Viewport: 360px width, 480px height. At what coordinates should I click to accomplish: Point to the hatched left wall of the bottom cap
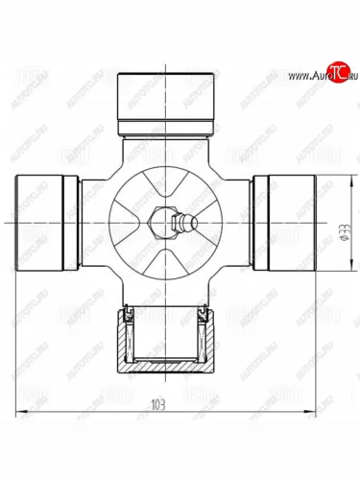(x=123, y=341)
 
